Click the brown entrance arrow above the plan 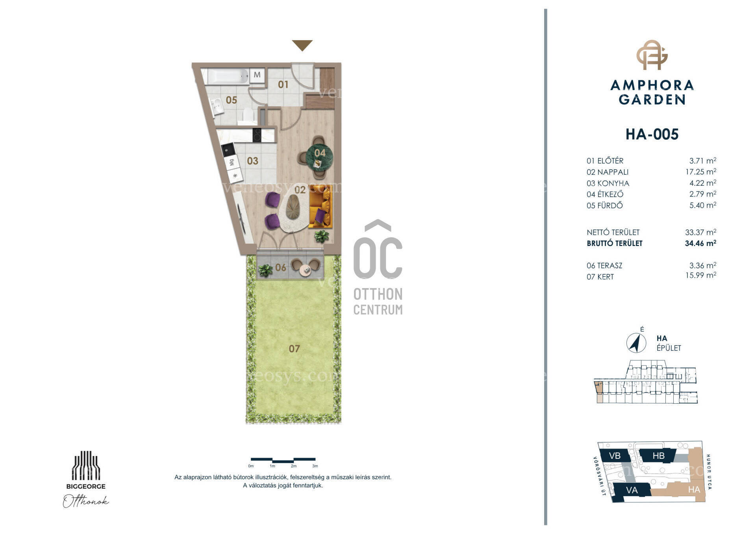(302, 45)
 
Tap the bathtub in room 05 (228, 76)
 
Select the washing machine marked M (257, 75)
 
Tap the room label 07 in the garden (294, 349)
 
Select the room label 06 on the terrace (281, 268)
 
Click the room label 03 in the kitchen (252, 161)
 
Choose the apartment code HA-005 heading (652, 134)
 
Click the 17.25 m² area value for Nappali (700, 172)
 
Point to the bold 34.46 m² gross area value (700, 243)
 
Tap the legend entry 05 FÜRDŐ (605, 205)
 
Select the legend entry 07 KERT (600, 277)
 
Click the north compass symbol (636, 343)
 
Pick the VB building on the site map (615, 456)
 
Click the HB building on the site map (658, 456)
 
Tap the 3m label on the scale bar (315, 466)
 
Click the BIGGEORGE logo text (86, 486)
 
